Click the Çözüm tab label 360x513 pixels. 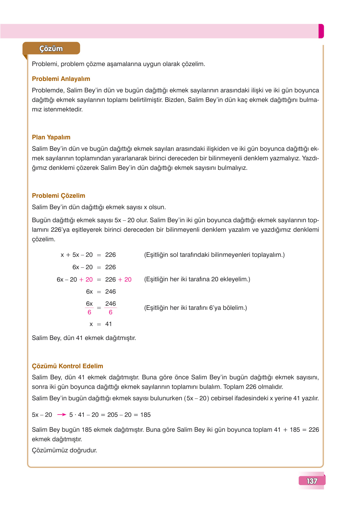51,49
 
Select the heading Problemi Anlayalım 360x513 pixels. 61,79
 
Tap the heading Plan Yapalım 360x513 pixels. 51,137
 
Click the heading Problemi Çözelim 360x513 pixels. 58,196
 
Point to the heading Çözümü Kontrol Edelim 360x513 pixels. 67,366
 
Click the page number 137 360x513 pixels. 312,481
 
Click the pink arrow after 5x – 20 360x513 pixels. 61,415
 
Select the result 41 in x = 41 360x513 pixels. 109,324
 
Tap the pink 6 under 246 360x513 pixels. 110,312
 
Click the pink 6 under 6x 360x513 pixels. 89,312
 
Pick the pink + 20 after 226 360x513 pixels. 125,279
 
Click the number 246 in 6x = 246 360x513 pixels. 110,291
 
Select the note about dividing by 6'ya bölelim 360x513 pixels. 195,308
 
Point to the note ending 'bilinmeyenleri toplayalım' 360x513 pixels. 214,255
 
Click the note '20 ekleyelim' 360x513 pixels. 197,279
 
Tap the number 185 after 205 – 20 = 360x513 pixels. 145,415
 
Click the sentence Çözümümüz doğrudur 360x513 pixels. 64,450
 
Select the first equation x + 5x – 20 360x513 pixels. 77,255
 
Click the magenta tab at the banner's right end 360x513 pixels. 321,31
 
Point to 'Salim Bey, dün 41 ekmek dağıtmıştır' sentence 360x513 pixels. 84,338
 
